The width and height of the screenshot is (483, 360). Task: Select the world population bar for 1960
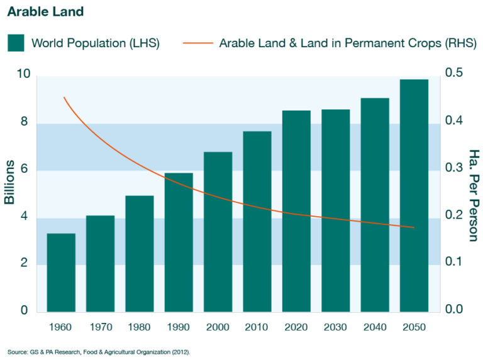coord(61,273)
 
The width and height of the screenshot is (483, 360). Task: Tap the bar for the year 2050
coord(414,195)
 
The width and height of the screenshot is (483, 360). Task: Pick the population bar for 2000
coord(218,232)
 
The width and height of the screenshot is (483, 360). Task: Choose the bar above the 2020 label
coord(296,211)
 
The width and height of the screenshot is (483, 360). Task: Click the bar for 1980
coord(140,254)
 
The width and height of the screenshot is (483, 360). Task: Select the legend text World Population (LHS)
coord(95,43)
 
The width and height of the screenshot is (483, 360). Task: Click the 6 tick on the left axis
coord(25,170)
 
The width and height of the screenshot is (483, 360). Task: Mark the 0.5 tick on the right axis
coord(455,74)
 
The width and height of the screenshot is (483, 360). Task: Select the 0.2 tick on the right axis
coord(455,215)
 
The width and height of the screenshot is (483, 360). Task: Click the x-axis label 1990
coord(179,327)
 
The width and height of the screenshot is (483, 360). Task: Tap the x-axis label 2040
coord(375,327)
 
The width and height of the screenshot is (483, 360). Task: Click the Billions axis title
coord(11,182)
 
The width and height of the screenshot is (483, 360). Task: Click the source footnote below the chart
coord(99,352)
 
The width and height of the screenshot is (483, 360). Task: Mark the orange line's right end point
coord(414,227)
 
